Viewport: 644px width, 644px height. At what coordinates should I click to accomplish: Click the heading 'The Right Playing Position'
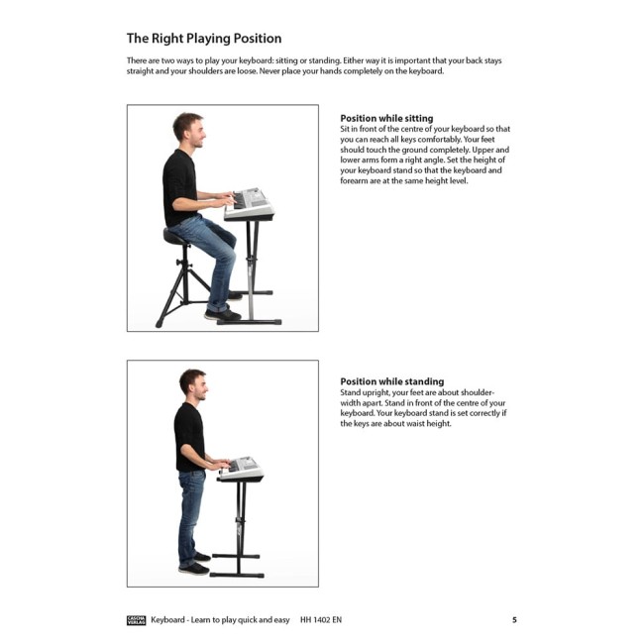pos(204,39)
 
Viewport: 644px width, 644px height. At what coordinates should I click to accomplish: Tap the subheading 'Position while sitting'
pos(386,118)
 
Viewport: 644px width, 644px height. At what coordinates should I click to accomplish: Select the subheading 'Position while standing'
pos(391,381)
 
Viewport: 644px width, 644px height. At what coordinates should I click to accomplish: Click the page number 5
pos(514,620)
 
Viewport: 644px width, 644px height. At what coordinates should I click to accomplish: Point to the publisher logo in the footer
pos(136,620)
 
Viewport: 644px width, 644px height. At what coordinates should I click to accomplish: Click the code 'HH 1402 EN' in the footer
pos(321,620)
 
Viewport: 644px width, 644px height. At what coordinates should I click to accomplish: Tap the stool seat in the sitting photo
pos(176,238)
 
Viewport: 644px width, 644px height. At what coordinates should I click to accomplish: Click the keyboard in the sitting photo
pos(250,204)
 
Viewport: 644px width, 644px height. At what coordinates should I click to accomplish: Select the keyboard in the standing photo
pos(241,469)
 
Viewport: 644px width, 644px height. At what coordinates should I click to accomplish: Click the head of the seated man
pos(189,130)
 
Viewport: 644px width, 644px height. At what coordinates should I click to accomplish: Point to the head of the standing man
pos(194,384)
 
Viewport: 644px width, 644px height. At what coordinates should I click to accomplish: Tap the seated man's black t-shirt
pos(179,187)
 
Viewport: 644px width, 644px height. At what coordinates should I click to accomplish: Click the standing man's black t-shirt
pos(189,437)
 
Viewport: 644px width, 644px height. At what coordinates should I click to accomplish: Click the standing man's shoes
pos(195,564)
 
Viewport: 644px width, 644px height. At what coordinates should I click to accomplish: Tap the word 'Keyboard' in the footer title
pos(167,620)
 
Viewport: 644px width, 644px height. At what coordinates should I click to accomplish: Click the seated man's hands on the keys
pos(227,198)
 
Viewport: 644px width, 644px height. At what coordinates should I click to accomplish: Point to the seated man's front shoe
pos(223,315)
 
